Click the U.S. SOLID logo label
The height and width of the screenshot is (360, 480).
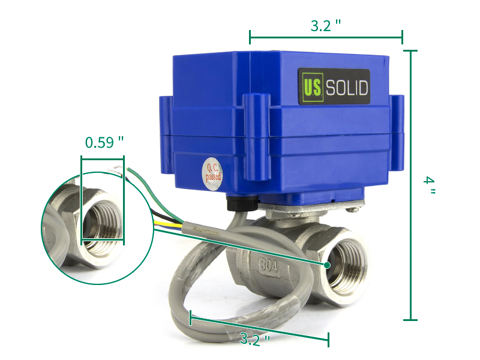(x=334, y=86)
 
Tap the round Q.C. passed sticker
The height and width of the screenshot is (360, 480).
(x=212, y=175)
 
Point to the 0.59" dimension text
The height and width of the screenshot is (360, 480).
(x=104, y=142)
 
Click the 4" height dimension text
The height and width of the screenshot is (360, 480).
(x=429, y=185)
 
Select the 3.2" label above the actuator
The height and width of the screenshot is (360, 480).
(x=326, y=26)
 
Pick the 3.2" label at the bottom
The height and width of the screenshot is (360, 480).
(x=254, y=339)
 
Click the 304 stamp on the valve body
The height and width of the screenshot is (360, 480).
(x=269, y=265)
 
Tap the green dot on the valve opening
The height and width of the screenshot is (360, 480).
(x=327, y=265)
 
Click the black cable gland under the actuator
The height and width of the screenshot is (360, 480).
(x=242, y=203)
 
